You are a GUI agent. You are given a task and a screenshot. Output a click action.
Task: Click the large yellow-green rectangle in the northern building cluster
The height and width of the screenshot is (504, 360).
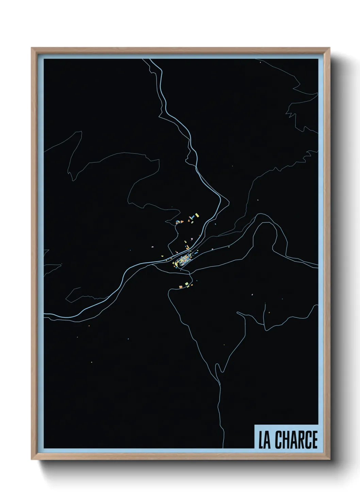point(196,215)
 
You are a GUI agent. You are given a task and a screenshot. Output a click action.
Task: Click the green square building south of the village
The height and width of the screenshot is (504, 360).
point(186,283)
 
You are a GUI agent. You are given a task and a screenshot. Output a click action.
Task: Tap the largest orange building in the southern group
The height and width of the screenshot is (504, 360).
point(181,287)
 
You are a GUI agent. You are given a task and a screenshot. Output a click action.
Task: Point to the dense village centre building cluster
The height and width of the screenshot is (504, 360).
point(182,261)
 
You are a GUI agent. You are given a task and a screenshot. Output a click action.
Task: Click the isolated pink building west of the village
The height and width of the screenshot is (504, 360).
point(152,246)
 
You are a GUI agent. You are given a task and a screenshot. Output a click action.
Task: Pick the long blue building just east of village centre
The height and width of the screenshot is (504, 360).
point(196,253)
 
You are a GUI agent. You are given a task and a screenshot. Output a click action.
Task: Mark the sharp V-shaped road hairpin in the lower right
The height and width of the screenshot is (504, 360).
point(221,371)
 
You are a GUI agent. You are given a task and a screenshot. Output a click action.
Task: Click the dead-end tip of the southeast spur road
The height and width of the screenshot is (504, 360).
point(264,304)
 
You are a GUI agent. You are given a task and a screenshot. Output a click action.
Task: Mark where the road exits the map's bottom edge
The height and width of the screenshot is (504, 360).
point(223,447)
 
